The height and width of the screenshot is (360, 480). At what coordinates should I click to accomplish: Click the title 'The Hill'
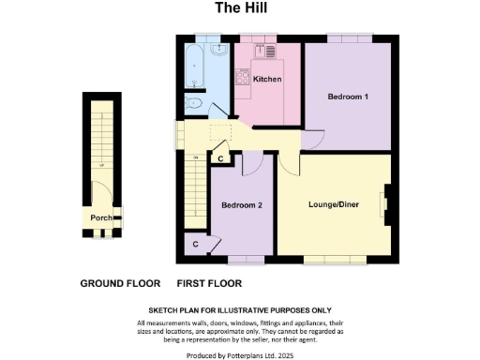coord(239,10)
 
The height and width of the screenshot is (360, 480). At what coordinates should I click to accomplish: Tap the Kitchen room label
coord(267,80)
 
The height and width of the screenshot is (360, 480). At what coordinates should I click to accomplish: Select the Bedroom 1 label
coord(347,97)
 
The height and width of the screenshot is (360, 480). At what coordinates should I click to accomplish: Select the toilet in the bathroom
coord(195,103)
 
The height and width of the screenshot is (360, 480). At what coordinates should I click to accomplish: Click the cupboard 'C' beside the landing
coord(219,158)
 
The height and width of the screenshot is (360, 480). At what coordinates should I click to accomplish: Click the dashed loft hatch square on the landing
coord(221,133)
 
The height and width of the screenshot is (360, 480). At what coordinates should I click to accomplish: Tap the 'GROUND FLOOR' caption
coord(119,283)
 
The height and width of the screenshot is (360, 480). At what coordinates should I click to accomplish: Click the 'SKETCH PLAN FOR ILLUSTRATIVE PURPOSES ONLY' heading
coord(239,310)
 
